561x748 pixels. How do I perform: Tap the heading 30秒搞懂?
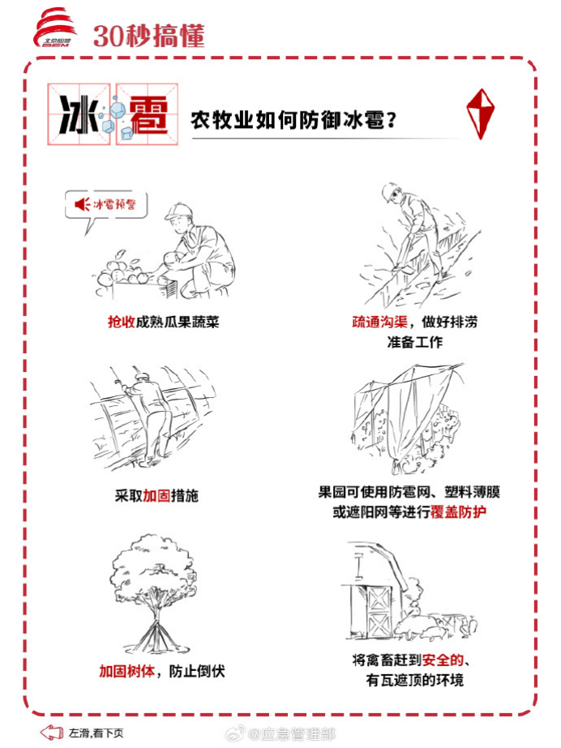pos(148,36)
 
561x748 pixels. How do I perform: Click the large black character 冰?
pos(79,114)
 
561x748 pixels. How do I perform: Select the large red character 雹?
pos(148,115)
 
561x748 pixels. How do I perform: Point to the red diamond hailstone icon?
pos(480,113)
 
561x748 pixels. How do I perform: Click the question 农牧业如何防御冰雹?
pos(293,119)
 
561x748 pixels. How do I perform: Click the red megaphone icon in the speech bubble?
pos(82,204)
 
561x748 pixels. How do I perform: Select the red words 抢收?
pos(122,322)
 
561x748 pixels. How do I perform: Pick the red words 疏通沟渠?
pos(379,322)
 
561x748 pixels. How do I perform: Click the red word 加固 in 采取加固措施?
pos(156,496)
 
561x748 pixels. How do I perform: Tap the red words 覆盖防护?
pos(458,512)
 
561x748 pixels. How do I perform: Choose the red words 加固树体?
pos(127,671)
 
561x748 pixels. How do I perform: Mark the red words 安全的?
pos(443,660)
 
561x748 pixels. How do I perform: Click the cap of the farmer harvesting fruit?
pos(178,211)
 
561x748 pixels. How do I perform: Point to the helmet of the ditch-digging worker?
pos(390,190)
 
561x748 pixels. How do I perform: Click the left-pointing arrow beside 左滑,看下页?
pos(52,733)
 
